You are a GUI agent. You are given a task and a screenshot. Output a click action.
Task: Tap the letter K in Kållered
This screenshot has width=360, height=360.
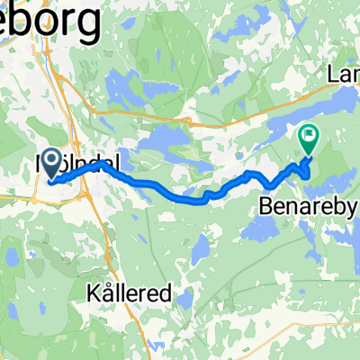pos(93,294)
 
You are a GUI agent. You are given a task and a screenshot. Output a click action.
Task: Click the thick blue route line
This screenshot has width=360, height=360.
pos(162,188)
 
